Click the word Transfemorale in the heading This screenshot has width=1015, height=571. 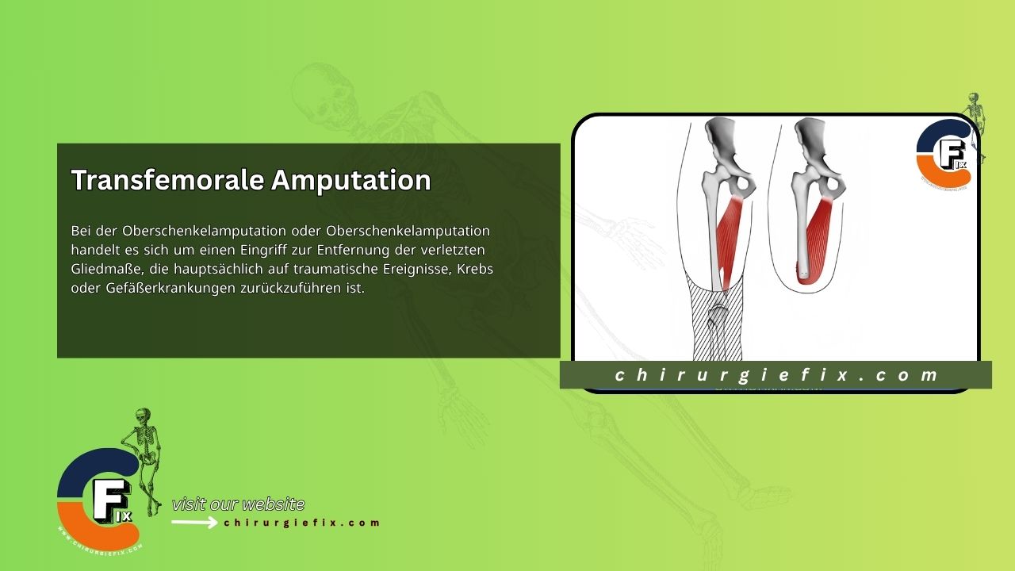point(167,181)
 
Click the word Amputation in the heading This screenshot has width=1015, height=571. point(351,181)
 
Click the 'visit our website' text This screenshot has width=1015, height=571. point(238,504)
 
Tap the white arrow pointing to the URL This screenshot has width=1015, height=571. point(194,523)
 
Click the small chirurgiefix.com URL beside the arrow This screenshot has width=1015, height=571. point(302,523)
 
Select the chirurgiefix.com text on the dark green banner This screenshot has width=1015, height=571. point(776,375)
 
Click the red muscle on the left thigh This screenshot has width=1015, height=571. point(730,234)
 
